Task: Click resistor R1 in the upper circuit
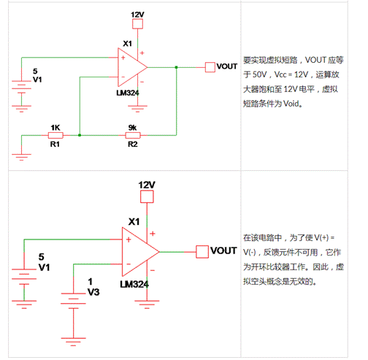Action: [x=55, y=135]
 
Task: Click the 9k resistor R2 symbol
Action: [x=133, y=135]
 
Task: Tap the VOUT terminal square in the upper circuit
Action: [x=210, y=67]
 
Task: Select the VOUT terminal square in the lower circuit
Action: [x=202, y=252]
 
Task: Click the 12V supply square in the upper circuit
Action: [x=137, y=24]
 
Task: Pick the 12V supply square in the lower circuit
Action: [x=147, y=196]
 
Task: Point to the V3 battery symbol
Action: [x=73, y=301]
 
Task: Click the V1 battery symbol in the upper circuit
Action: [x=21, y=87]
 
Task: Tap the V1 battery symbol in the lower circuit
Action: [x=24, y=277]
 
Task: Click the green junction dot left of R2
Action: [x=80, y=135]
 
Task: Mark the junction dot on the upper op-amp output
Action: [x=176, y=67]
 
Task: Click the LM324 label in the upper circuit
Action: [x=128, y=93]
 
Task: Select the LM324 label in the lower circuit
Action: [x=134, y=284]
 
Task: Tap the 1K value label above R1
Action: [x=55, y=128]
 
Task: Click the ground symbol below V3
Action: [x=73, y=342]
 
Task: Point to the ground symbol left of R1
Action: [x=21, y=157]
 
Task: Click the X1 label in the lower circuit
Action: [x=134, y=221]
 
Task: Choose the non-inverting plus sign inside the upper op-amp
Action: [x=123, y=58]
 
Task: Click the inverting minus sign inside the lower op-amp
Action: [x=129, y=264]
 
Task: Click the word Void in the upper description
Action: [x=291, y=104]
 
